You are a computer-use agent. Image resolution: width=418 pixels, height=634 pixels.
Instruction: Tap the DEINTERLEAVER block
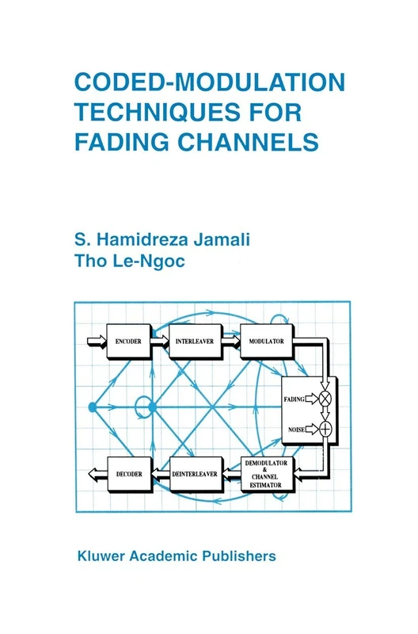click(193, 474)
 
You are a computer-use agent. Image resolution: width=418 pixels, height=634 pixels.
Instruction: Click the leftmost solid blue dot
click(92, 407)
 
